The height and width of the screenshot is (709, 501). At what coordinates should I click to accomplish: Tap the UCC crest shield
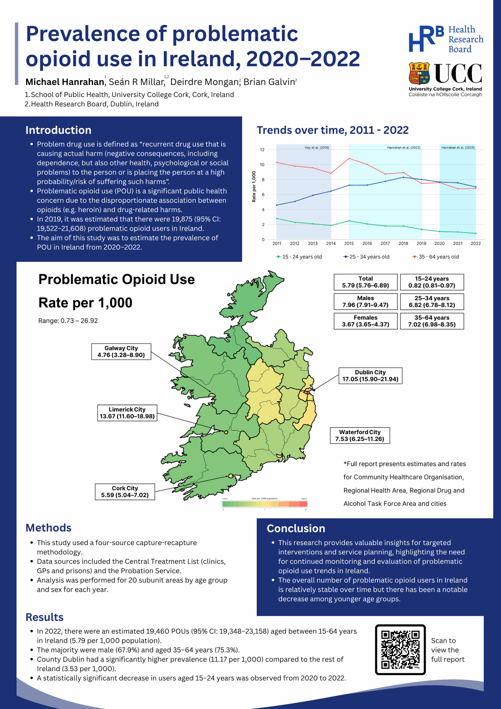419,73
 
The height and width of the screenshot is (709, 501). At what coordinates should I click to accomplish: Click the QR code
400,649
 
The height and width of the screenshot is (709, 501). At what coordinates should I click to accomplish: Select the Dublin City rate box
370,376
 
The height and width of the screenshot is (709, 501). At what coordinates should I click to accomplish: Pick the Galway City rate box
121,351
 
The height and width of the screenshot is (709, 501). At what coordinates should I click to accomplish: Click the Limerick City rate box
127,413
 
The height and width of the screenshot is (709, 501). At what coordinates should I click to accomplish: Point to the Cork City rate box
125,491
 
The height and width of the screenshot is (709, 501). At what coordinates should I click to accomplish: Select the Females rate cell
365,321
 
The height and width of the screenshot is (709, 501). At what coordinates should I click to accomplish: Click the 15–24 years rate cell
431,282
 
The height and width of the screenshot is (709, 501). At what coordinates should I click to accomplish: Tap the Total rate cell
365,282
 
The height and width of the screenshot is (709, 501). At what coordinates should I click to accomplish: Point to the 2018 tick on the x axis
403,243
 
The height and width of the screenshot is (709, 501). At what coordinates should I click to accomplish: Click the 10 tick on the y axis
262,165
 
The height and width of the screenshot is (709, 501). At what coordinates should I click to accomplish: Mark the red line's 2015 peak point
349,158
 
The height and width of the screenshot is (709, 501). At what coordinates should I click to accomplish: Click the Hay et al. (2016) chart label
317,148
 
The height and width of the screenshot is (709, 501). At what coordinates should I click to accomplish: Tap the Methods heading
48,528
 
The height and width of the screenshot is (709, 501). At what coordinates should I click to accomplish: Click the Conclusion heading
296,528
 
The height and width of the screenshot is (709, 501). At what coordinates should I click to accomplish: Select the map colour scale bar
264,504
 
